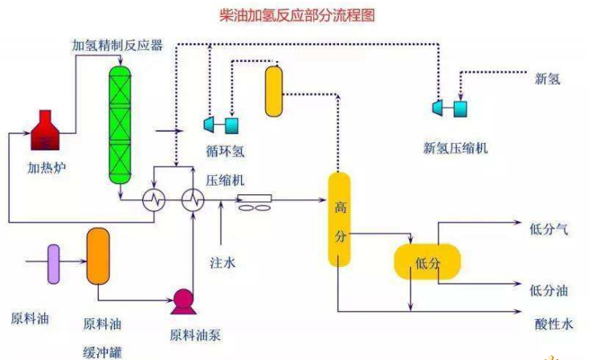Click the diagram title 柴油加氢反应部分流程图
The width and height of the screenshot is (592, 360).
coord(297,15)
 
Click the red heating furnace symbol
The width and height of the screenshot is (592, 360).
coord(45,130)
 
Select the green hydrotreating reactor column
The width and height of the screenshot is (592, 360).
coord(120,125)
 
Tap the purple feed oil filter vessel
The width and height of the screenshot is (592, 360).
coord(53,264)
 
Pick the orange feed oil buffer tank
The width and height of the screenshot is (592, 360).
coord(98,256)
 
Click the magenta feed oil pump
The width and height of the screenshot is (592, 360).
coord(183,301)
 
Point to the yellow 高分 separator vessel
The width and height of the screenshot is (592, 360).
coord(339,219)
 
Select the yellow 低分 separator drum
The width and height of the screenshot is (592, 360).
coord(427,262)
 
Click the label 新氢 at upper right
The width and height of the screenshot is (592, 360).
coord(548,79)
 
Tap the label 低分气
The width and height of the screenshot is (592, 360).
coord(549,229)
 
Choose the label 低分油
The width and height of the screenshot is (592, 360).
coord(549,291)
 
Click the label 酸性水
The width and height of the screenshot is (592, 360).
coord(554,324)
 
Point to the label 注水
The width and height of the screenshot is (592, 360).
coord(223,263)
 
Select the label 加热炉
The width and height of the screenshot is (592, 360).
coord(47,167)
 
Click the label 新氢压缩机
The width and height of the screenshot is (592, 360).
coord(455,148)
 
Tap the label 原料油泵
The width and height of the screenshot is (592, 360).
coord(195,335)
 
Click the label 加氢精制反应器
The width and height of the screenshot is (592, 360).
coord(117,45)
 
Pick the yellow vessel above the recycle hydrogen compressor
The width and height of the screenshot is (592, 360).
coord(274,92)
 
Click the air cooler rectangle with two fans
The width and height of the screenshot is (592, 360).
coord(254,202)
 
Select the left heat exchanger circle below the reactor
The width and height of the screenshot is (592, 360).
coord(154,199)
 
